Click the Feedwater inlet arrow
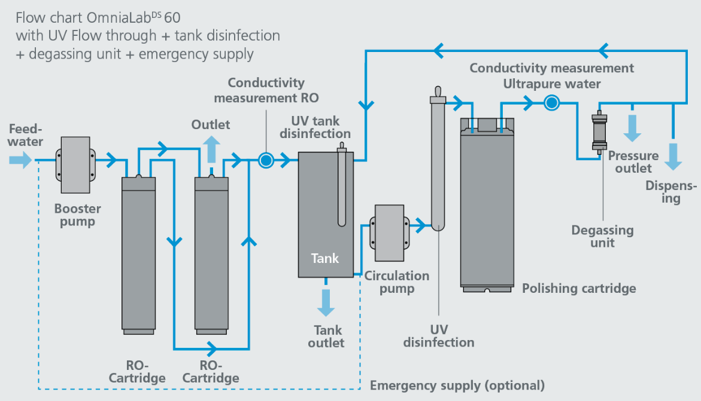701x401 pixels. click(20, 160)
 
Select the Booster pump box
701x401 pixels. click(75, 165)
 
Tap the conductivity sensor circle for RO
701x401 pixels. click(266, 160)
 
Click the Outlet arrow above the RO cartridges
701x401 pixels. click(211, 149)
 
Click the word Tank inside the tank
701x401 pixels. click(325, 258)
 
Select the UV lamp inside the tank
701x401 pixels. click(342, 185)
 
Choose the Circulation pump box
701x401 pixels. click(389, 233)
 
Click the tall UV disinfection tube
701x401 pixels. click(438, 158)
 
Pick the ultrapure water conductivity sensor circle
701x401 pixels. click(552, 103)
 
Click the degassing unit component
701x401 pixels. click(599, 132)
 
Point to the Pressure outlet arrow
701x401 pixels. click(632, 128)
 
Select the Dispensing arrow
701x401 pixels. click(673, 157)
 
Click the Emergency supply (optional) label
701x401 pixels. click(457, 385)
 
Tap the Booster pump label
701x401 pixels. click(77, 215)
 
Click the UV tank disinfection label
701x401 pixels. click(315, 127)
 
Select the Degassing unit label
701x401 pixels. click(603, 236)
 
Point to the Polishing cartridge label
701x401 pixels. click(579, 289)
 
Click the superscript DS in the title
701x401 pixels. click(156, 14)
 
